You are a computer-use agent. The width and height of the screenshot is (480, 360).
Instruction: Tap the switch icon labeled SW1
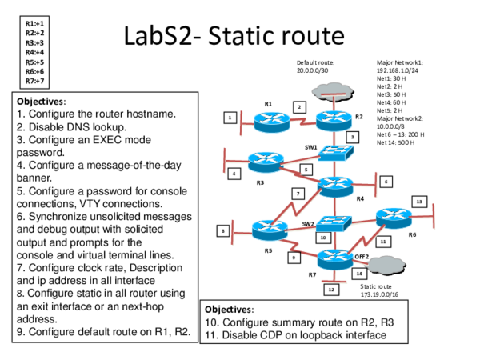(x=328, y=154)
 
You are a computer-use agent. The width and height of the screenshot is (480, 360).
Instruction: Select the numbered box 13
(x=419, y=202)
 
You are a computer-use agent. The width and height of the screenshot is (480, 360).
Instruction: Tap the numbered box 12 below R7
(x=331, y=290)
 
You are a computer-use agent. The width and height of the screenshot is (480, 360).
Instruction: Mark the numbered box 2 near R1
(x=299, y=106)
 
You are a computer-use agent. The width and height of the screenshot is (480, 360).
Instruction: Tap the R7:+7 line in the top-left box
(x=34, y=81)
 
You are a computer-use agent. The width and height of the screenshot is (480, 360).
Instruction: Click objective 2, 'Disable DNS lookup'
(x=71, y=126)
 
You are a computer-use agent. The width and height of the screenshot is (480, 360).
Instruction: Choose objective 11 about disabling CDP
(x=291, y=334)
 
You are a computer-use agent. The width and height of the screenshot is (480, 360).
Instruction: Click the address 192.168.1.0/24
(x=398, y=70)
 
